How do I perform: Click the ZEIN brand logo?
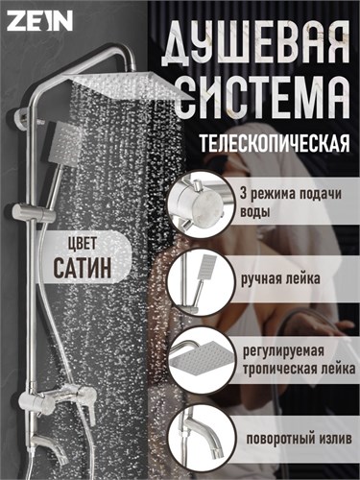coord(39,21)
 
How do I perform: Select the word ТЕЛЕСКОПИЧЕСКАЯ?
coord(275,143)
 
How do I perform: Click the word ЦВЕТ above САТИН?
coord(83,245)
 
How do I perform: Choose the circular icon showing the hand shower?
coord(201,278)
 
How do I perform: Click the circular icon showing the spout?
coord(201,438)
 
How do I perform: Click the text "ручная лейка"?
coord(280,279)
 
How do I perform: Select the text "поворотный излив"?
coord(299,439)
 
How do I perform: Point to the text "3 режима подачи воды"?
coord(291,204)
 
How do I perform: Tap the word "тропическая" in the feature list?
coord(276,370)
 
